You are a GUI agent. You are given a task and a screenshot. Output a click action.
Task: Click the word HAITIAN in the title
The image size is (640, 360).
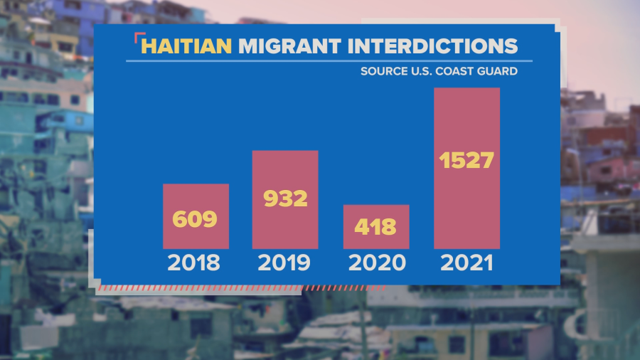(x=187, y=46)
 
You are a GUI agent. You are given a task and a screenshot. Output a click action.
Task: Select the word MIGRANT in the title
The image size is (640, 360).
(x=286, y=46)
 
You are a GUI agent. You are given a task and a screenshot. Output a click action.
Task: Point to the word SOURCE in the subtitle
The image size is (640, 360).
(x=383, y=71)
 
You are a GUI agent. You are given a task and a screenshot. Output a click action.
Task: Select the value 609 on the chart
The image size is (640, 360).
(x=196, y=219)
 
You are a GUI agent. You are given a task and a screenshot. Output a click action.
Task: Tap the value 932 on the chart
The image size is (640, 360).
(x=285, y=198)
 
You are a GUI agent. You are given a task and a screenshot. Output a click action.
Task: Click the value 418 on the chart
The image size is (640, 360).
(x=375, y=228)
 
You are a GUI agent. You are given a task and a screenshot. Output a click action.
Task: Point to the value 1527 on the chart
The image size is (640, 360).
(x=466, y=161)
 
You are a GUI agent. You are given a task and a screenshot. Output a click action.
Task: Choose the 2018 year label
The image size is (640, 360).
(x=194, y=263)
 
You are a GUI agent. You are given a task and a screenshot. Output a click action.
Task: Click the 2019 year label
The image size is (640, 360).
(x=284, y=263)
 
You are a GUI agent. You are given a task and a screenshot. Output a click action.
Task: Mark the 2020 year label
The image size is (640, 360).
(x=376, y=263)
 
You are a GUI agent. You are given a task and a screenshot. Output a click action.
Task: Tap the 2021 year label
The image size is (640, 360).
(x=466, y=263)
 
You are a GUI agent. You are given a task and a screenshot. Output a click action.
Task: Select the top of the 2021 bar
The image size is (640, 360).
(x=466, y=90)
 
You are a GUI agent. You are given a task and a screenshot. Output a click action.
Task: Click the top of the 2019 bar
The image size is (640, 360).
(x=285, y=152)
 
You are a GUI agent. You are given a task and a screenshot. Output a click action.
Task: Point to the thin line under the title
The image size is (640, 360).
(x=320, y=61)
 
